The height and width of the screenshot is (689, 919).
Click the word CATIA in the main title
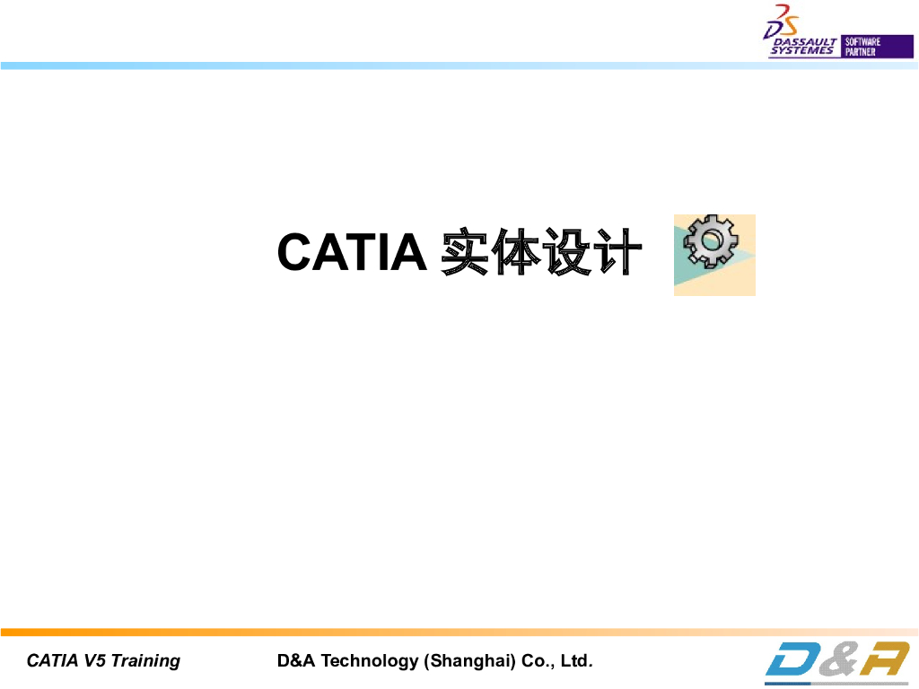(351, 252)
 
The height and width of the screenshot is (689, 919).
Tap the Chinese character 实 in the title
(464, 252)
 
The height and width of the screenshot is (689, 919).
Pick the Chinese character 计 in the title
(617, 252)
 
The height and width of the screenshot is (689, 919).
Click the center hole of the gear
(710, 240)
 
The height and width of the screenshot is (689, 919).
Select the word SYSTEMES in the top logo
(801, 52)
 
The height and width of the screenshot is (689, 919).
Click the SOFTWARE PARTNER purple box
(863, 47)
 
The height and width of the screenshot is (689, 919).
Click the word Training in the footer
(145, 662)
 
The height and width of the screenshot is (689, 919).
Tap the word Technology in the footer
(370, 662)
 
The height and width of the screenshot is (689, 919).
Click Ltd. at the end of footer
(576, 662)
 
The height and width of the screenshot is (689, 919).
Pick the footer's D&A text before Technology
(296, 662)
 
